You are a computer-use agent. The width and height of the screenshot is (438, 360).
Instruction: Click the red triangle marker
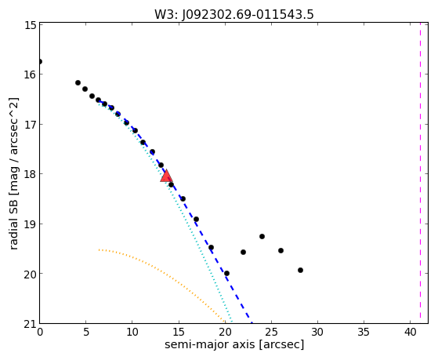(166, 176)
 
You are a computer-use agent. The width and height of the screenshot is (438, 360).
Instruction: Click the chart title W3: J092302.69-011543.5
(234, 15)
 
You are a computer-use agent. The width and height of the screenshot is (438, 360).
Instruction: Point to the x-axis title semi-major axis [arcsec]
(234, 344)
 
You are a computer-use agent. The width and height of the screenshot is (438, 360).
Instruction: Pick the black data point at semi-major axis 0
(40, 61)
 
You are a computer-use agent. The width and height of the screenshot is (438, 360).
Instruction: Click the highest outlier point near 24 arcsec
(262, 236)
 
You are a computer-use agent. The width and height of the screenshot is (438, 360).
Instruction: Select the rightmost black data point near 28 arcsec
(300, 271)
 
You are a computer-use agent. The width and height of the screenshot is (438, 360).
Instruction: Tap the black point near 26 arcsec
(281, 250)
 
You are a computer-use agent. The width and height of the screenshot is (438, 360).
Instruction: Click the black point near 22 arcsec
(243, 252)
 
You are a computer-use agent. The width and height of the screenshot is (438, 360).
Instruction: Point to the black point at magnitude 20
(226, 273)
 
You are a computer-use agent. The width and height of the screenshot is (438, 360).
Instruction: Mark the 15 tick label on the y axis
(31, 25)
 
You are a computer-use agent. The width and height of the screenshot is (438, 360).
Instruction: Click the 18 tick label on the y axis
(31, 174)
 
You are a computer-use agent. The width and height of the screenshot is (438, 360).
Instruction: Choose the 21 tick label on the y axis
(31, 324)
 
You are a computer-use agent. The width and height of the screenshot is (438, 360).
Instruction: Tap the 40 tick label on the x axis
(410, 333)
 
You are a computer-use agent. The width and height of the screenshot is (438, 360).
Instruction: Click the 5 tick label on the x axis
(86, 333)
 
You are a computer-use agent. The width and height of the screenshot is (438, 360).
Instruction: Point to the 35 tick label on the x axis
(364, 333)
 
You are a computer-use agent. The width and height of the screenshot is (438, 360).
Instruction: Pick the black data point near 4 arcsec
(78, 83)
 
